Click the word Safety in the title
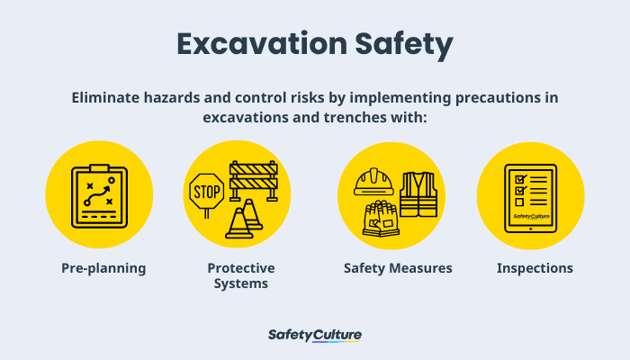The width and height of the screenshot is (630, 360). click(402, 45)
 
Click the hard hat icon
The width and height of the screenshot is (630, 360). click(373, 184)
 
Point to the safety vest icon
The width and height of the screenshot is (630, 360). click(418, 194)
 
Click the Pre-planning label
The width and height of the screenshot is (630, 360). click(103, 268)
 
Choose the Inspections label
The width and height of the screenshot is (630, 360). click(535, 268)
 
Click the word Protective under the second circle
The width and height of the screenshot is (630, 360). click(241, 268)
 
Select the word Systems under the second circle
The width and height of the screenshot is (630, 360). click(241, 283)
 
